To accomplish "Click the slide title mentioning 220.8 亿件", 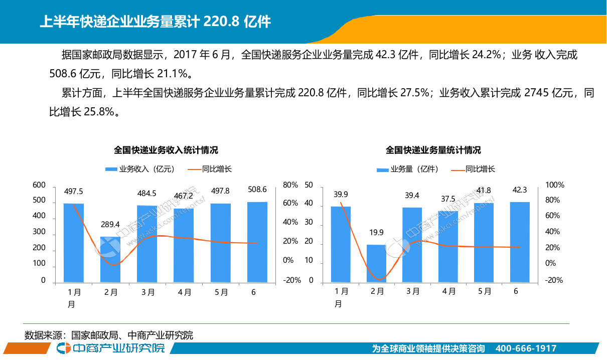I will pos(155,22).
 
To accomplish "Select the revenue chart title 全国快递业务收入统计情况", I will pos(166,150).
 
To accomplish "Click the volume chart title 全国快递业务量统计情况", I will pos(433,150).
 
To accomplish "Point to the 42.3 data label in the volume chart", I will pos(520,190).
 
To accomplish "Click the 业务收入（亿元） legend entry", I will pos(140,169).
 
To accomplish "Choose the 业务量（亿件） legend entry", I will pos(408,169).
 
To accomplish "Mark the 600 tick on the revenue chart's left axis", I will pos(39,185).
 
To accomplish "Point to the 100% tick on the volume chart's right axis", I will pos(554,185).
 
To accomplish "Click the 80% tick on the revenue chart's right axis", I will pos(290,185).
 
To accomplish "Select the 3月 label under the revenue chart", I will pos(147,292).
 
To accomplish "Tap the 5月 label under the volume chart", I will pos(484,291).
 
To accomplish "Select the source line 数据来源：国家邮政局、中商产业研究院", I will pos(109,335).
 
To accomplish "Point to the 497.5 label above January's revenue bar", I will pos(73,191).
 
